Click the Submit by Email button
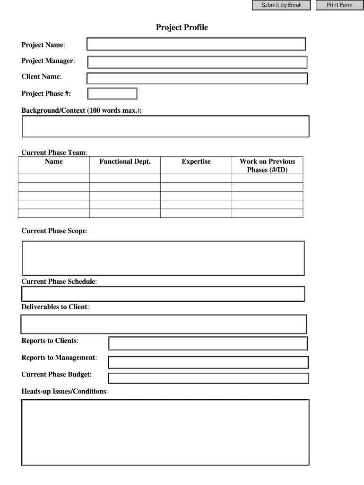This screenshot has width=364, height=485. (x=281, y=5)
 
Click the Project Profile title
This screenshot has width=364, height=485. (x=182, y=27)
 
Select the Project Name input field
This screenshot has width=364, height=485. (x=196, y=44)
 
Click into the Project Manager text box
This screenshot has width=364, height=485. (x=197, y=62)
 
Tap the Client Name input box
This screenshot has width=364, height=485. (x=197, y=78)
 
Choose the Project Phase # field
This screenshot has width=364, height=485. (x=112, y=94)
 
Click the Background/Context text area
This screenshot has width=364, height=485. (x=165, y=126)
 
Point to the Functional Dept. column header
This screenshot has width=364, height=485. (x=125, y=162)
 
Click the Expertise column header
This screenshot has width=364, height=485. (x=196, y=162)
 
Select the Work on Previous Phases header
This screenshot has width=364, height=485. (x=267, y=165)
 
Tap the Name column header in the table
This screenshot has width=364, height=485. (x=53, y=162)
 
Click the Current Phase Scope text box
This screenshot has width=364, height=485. (x=163, y=258)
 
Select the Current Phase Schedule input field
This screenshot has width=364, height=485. (x=163, y=294)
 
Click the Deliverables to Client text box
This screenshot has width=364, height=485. (x=164, y=324)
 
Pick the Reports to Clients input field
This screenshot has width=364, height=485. (x=208, y=343)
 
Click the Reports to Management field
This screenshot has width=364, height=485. (x=208, y=362)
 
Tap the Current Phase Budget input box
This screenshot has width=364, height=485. (x=208, y=378)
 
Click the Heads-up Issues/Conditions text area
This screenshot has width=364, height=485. (x=165, y=432)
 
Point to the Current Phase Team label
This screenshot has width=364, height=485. (x=54, y=153)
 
